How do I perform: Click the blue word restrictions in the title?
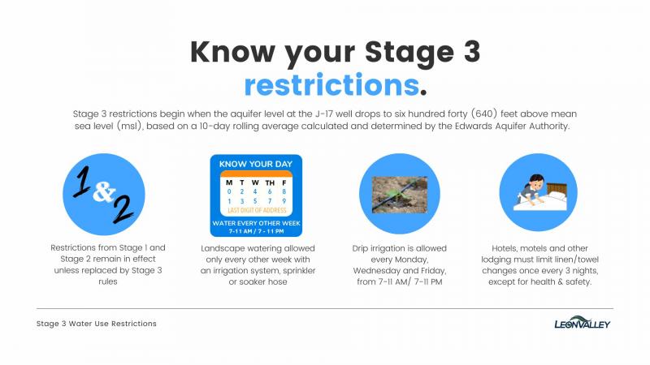331,85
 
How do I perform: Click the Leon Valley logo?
582,322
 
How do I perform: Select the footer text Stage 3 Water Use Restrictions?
97,324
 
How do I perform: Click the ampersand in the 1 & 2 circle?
104,191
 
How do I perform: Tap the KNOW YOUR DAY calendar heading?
256,165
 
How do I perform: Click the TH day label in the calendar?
270,183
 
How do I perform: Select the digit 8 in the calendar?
284,191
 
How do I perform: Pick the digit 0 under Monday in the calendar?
229,191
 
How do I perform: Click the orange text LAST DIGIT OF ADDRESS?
257,210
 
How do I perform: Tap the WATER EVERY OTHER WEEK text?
256,224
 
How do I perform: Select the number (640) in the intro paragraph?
483,114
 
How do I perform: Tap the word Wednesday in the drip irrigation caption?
375,271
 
